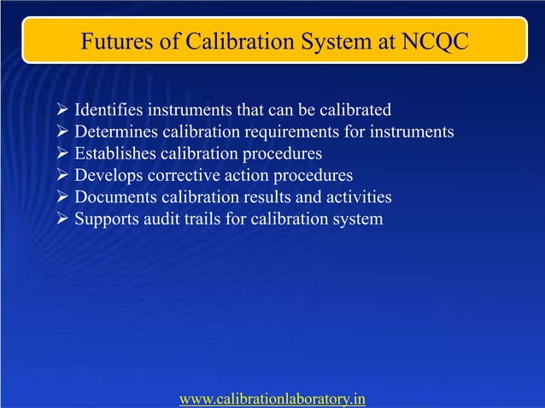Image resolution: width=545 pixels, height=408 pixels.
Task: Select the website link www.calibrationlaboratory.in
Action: pyautogui.click(x=272, y=398)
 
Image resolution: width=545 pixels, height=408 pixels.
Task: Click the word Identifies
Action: pyautogui.click(x=108, y=110)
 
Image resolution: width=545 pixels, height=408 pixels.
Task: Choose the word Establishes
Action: pyautogui.click(x=113, y=154)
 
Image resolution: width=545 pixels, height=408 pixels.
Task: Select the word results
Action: pyautogui.click(x=265, y=197)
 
